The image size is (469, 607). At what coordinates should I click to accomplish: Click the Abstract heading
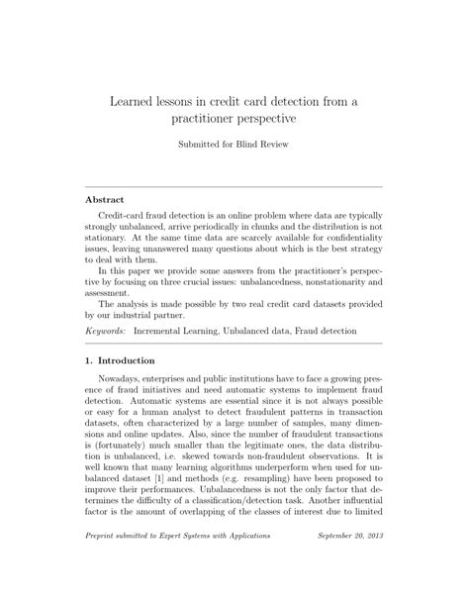pyautogui.click(x=110, y=198)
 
